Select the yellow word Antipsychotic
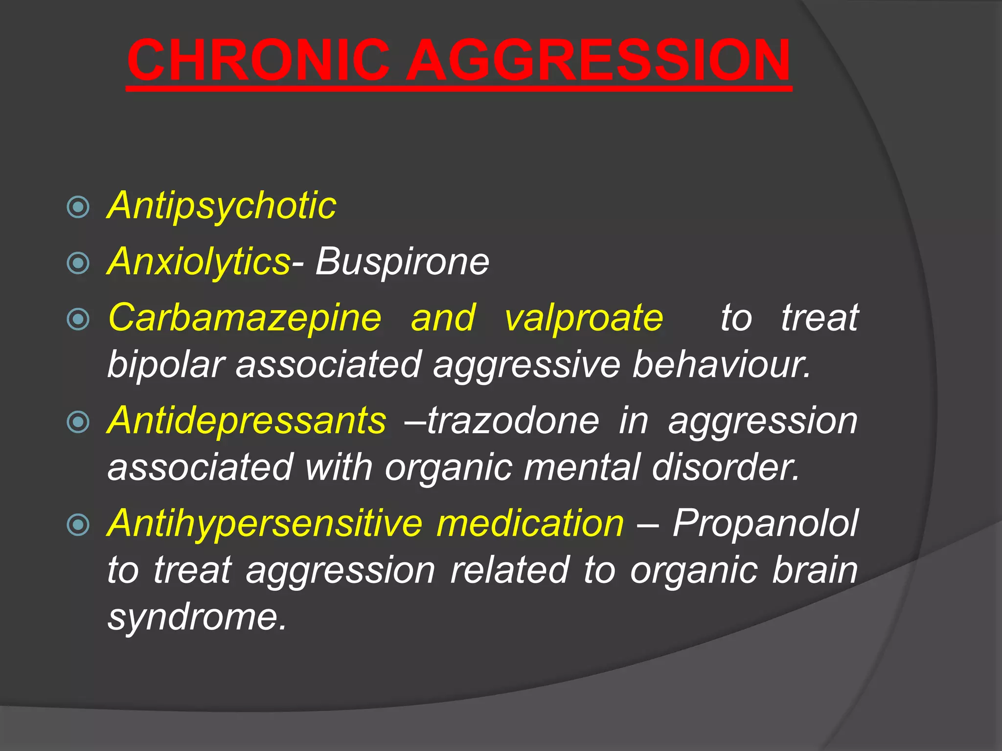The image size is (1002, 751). [x=222, y=206]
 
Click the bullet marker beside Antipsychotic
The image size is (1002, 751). [x=78, y=207]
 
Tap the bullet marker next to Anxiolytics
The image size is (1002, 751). [x=78, y=263]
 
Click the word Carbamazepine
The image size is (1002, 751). [x=245, y=318]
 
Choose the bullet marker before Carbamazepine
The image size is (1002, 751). [x=78, y=319]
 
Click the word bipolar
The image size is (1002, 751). [x=166, y=364]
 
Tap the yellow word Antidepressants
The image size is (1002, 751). [x=247, y=420]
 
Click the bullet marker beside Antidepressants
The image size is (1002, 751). [x=78, y=422]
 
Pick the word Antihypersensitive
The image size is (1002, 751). [x=265, y=523]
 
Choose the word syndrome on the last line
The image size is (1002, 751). [x=196, y=617]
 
